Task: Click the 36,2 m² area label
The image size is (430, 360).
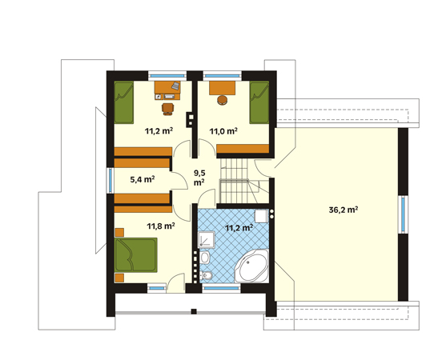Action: (343, 210)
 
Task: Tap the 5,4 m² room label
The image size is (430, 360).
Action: (143, 179)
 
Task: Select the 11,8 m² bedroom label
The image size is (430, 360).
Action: (161, 226)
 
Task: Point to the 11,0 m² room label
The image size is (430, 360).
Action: (223, 131)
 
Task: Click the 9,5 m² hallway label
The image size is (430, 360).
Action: (199, 178)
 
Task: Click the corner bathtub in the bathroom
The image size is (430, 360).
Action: (251, 266)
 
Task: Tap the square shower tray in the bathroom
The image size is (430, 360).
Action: (207, 239)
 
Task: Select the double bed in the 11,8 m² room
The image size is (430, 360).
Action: (136, 254)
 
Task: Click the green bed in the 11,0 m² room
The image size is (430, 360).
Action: (259, 102)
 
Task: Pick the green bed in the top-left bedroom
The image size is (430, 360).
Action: (123, 102)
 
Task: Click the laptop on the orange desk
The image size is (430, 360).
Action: (175, 86)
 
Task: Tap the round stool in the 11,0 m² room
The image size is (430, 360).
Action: (223, 100)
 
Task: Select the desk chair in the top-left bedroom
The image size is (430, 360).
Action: (168, 109)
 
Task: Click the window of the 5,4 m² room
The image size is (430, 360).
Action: (111, 180)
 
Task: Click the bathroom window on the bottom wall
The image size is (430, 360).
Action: (222, 288)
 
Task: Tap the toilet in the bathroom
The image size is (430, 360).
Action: (206, 275)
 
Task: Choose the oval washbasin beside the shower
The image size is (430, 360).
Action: (204, 258)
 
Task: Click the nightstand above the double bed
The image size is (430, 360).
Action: (119, 232)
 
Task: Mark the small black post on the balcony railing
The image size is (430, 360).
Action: (194, 311)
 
